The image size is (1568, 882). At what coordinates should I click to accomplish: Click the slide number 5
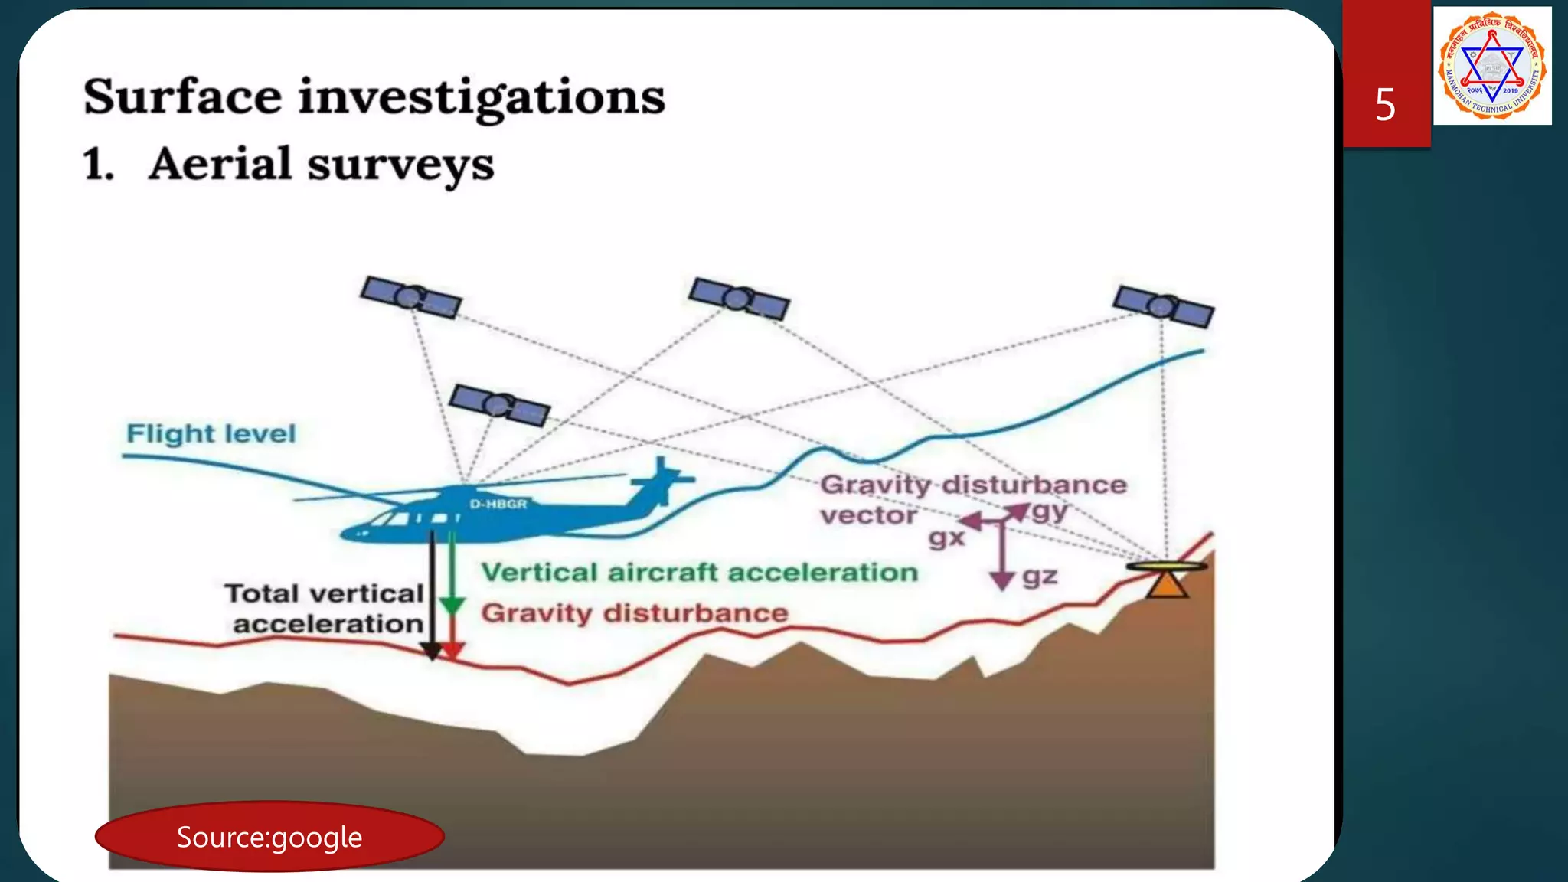pyautogui.click(x=1385, y=105)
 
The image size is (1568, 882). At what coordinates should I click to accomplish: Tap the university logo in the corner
pyautogui.click(x=1492, y=65)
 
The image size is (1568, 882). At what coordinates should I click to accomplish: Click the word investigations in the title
pyautogui.click(x=481, y=97)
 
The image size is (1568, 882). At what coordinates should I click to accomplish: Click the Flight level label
pyautogui.click(x=211, y=433)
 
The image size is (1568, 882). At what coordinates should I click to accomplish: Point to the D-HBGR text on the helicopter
pyautogui.click(x=498, y=504)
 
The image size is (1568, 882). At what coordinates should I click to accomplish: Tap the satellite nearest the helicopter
pyautogui.click(x=499, y=405)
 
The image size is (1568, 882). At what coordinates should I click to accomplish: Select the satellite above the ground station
pyautogui.click(x=1163, y=306)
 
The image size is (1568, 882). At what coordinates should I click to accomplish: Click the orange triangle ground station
pyautogui.click(x=1167, y=585)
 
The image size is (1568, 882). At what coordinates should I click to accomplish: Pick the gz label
pyautogui.click(x=1040, y=576)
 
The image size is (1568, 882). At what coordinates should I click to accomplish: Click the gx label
pyautogui.click(x=946, y=538)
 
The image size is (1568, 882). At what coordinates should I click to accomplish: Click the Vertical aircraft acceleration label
pyautogui.click(x=699, y=573)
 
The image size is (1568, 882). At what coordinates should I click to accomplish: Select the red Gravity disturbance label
pyautogui.click(x=634, y=613)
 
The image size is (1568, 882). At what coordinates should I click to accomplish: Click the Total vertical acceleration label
pyautogui.click(x=325, y=609)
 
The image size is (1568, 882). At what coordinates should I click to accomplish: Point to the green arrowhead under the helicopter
pyautogui.click(x=452, y=606)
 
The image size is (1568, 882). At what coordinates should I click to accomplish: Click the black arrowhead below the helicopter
pyautogui.click(x=432, y=651)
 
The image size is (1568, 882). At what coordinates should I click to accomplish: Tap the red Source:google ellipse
pyautogui.click(x=269, y=837)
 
